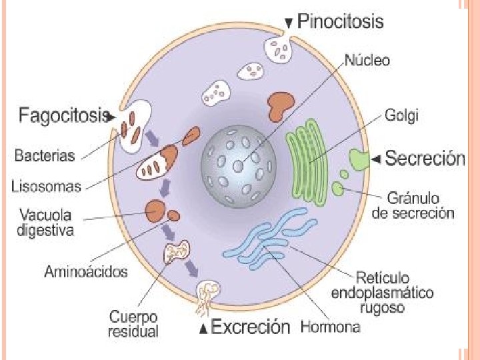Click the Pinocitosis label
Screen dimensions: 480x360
340,21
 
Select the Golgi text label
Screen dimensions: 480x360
402,115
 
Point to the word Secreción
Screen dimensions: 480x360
425,159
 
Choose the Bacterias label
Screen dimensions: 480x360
45,156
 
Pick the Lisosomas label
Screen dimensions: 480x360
46,187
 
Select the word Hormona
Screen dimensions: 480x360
331,327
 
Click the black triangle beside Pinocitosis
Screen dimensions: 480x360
289,23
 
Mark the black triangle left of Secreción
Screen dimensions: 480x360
377,159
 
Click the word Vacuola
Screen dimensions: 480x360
45,216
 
